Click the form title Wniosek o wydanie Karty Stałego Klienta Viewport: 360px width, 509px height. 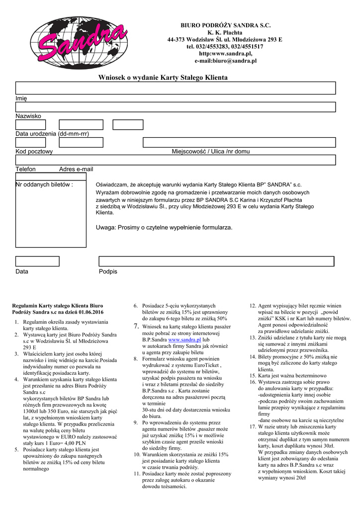(163, 78)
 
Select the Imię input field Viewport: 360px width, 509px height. (176, 88)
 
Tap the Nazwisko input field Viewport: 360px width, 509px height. (176, 107)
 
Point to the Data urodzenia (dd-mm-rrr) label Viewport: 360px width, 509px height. (52, 134)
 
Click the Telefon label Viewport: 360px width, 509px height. (26, 169)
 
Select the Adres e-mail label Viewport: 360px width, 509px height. (76, 169)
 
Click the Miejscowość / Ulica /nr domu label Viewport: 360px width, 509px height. (211, 151)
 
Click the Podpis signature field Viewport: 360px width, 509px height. (216, 261)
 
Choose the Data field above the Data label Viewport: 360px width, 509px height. (37, 261)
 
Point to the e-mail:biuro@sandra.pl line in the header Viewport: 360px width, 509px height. (225, 61)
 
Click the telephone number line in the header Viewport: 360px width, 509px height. (225, 46)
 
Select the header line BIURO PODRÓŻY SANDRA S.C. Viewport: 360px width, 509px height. (225, 25)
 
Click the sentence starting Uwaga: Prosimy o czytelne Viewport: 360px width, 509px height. (164, 227)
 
